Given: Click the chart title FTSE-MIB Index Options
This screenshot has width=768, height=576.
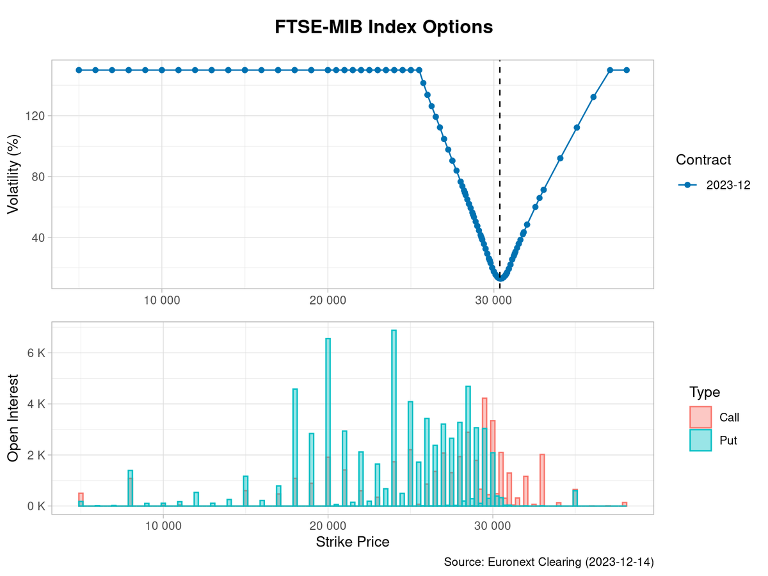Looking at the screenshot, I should (384, 28).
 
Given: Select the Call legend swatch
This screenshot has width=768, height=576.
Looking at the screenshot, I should (701, 417).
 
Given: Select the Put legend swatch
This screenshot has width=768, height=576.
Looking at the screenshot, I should (701, 440).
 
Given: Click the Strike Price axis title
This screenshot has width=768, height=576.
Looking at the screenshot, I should (352, 542).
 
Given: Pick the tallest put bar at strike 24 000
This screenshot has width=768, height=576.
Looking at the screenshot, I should (394, 419).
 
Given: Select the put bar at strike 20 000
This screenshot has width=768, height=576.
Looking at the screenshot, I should (328, 422).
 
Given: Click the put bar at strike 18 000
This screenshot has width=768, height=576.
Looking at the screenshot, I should (295, 448).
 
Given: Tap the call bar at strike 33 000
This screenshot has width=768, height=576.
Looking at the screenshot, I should (542, 480).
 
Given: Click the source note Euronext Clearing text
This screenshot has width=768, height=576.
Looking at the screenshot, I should (548, 562).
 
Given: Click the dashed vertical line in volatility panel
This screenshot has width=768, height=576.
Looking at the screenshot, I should (500, 160).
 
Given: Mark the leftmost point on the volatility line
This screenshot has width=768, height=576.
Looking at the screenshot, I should (79, 70).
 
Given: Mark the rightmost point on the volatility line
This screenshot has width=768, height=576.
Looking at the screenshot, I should (627, 70).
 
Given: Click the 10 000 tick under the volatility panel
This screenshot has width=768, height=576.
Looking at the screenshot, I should (162, 301).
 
